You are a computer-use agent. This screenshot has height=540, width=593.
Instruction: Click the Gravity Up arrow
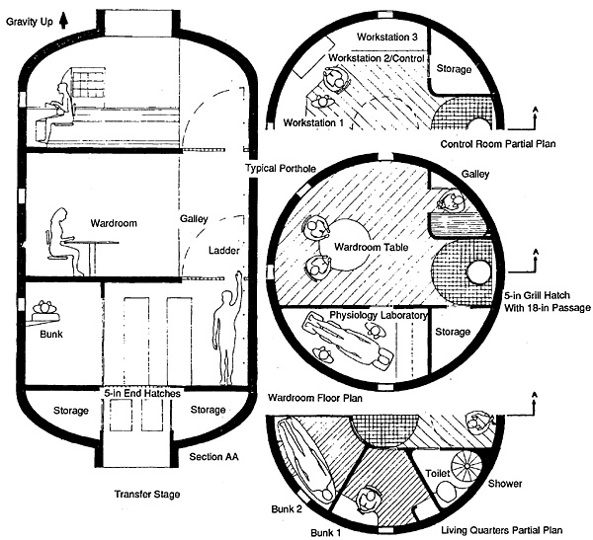tap(63, 21)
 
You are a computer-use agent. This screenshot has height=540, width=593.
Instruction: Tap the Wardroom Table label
tap(371, 248)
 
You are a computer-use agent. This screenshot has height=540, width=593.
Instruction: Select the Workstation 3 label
tap(386, 38)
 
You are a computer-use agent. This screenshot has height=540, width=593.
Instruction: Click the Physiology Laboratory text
tap(379, 315)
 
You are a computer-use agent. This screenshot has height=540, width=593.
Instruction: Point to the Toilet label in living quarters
tap(438, 474)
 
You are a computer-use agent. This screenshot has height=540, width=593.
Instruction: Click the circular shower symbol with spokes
tap(467, 466)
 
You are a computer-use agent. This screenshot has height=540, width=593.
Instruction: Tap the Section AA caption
tap(213, 457)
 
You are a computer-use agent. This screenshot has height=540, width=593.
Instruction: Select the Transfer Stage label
tap(147, 495)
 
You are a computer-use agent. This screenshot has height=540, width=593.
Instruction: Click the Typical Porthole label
tap(281, 168)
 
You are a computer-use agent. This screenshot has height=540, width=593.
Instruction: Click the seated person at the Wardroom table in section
tap(62, 242)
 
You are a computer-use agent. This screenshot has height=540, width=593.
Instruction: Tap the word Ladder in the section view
tap(224, 251)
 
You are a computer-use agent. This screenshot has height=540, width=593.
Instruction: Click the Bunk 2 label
tap(287, 509)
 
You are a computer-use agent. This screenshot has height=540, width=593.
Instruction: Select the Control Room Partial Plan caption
tap(498, 144)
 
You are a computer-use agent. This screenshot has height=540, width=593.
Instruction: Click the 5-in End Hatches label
tap(142, 393)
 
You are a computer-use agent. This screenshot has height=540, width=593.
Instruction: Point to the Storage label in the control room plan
tap(454, 69)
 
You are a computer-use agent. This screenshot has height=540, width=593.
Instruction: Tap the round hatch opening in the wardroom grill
tap(478, 272)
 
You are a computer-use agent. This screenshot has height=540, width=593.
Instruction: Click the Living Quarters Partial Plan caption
tap(501, 530)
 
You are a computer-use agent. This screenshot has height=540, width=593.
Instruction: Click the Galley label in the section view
tap(194, 219)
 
